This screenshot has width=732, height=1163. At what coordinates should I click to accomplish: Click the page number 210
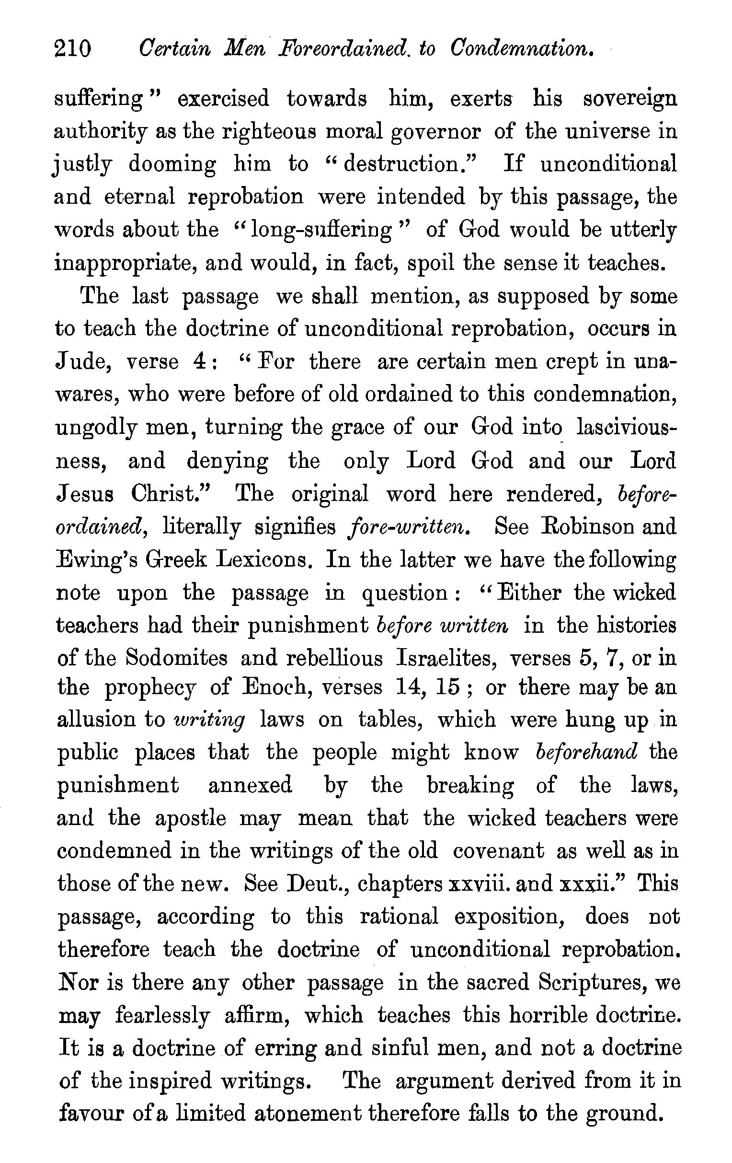click(x=73, y=49)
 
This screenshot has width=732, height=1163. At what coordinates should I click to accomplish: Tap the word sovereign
click(x=629, y=100)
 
